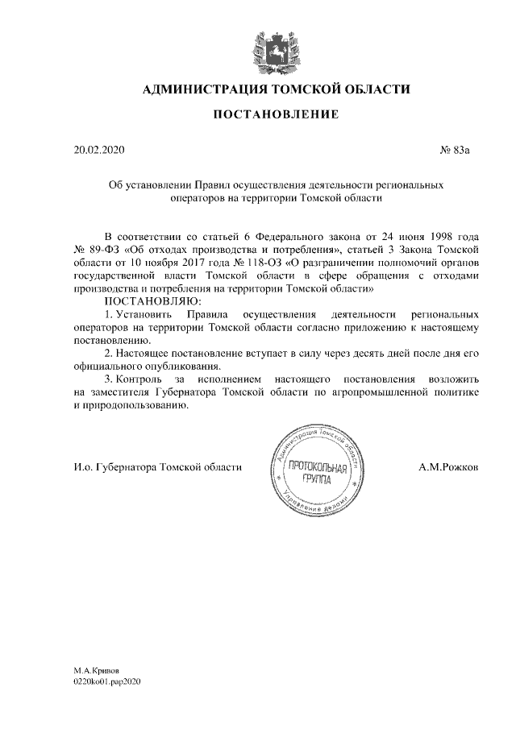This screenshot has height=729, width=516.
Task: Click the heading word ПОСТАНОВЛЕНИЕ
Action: coord(275,115)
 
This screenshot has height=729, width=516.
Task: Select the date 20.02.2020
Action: coord(99,151)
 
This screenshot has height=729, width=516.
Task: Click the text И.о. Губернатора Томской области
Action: coord(157,467)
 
